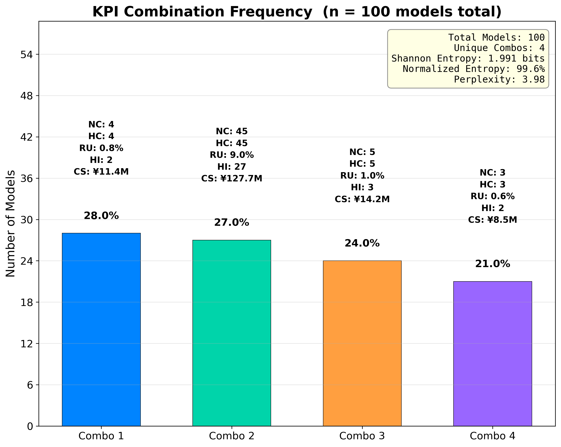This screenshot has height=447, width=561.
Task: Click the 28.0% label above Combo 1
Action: coord(101,216)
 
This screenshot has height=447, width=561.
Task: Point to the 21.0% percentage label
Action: coord(493,264)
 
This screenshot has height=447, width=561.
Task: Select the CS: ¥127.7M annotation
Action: coord(232,179)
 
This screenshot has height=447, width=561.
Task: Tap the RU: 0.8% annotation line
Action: coord(101,148)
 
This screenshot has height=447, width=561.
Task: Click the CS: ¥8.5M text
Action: coord(493,220)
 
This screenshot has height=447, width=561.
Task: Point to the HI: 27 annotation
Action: coord(232,167)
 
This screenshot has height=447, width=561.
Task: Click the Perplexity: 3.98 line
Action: coord(499,79)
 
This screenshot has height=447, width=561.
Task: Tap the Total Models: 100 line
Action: coord(496,38)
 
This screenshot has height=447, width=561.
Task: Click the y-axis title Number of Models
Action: coord(11,224)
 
